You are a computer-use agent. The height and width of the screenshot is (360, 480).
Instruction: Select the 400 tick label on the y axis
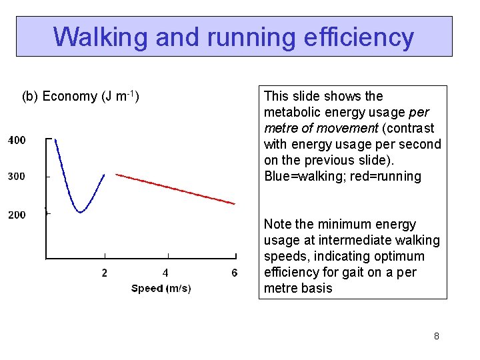coord(17,140)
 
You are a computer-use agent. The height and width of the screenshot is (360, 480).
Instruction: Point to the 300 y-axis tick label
coord(17,177)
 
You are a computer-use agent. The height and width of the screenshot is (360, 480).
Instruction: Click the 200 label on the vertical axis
coord(17,215)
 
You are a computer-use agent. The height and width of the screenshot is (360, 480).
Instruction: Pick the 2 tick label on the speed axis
coord(104,273)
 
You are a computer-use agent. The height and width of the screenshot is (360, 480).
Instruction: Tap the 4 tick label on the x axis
coord(165,273)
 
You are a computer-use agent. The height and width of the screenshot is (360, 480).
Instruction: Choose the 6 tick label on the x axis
coord(234,273)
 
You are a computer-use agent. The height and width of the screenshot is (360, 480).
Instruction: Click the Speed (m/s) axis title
coord(161,289)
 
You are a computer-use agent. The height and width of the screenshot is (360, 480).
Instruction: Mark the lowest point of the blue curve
coord(80,212)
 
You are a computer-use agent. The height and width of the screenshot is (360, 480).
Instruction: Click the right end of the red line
coord(235,203)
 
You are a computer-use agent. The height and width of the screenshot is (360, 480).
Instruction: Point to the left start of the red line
coord(117,174)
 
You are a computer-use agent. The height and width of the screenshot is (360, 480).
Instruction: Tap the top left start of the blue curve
coord(55,139)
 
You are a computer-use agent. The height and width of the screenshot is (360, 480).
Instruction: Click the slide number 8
coord(436,336)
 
